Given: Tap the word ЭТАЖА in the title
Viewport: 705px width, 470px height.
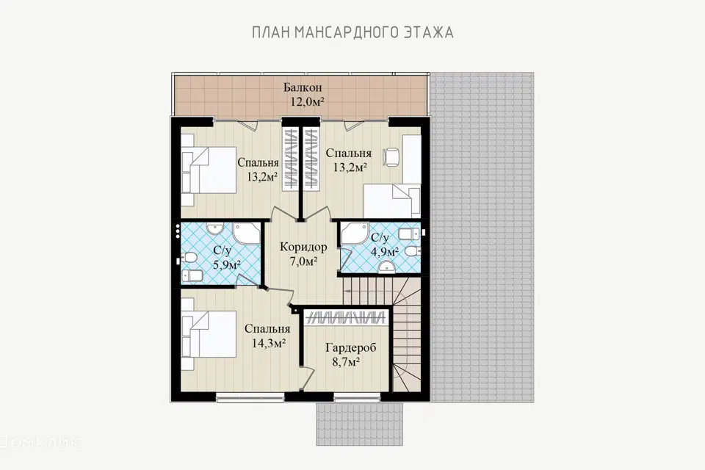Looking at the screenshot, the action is (425, 32).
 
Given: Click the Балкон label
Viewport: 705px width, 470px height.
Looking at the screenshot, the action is (303, 87).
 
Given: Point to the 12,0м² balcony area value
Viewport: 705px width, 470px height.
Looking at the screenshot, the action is (307, 101).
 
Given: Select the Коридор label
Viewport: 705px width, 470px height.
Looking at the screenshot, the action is (303, 247).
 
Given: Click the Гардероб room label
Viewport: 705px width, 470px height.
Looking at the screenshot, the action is (351, 347).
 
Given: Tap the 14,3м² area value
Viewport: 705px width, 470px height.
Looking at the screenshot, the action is (269, 343).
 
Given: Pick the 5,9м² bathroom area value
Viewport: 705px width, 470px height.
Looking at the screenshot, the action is (227, 264).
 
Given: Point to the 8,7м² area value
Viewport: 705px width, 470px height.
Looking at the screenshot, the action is (346, 361).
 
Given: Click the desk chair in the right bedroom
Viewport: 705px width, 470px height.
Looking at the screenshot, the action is (391, 156).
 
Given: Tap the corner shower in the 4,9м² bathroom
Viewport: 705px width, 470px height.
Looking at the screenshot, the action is (354, 234).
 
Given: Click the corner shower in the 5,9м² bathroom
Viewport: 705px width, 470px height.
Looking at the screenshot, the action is (247, 234).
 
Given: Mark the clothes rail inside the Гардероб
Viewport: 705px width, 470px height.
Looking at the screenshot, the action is (346, 317).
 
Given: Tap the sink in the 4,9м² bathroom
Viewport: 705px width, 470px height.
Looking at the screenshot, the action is (386, 269).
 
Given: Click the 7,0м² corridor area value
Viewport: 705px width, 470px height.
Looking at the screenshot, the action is (304, 261).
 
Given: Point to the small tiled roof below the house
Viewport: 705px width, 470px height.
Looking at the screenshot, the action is (359, 424).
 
